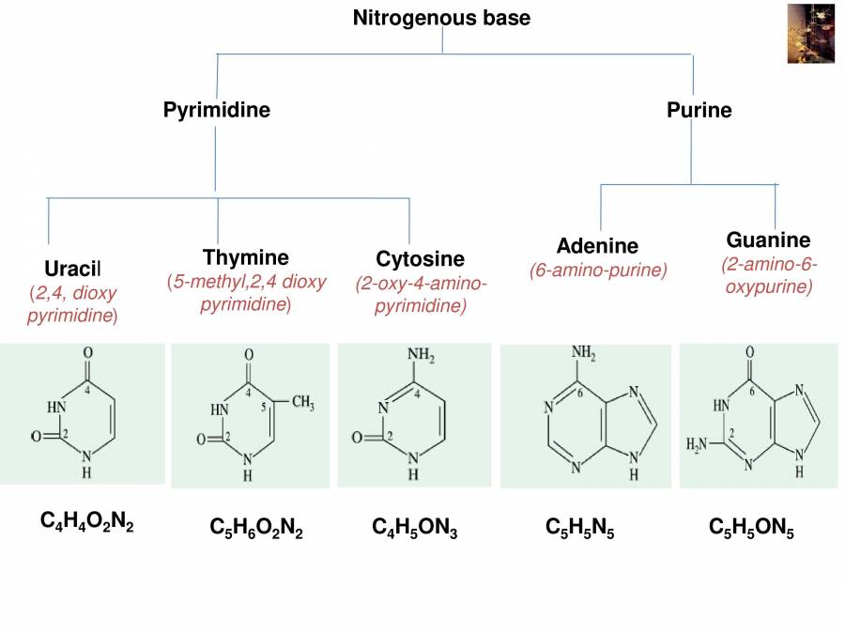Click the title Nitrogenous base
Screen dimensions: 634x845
(x=441, y=18)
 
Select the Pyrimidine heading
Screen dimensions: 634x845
(x=217, y=110)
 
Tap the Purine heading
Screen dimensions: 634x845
(x=699, y=110)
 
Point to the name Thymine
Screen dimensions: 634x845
(x=246, y=257)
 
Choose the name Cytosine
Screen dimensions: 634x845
(x=421, y=258)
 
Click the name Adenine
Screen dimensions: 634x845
(x=597, y=246)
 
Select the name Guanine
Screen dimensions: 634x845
(x=768, y=240)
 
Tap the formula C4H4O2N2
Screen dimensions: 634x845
(x=87, y=522)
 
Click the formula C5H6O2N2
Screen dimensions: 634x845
(x=256, y=529)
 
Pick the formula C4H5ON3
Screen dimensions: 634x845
(x=415, y=529)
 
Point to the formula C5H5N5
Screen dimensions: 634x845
(x=580, y=529)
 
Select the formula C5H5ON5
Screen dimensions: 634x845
(x=751, y=529)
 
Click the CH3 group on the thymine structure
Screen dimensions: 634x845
(x=302, y=403)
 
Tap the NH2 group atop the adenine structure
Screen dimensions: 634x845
(x=584, y=354)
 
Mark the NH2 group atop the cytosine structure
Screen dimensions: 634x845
(x=420, y=356)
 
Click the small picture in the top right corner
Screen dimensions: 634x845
(x=810, y=34)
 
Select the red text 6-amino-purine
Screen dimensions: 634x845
(x=598, y=271)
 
